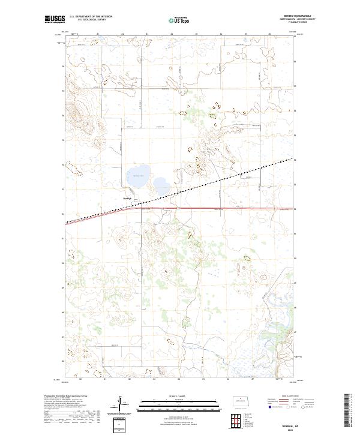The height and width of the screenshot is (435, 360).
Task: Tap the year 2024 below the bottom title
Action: [x=286, y=428]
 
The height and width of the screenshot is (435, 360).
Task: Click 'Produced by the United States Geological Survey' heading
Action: [x=64, y=396]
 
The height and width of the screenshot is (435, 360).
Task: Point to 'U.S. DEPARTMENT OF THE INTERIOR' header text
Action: [x=91, y=17]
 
